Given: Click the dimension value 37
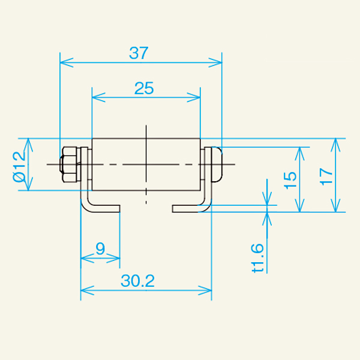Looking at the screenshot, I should [139, 53].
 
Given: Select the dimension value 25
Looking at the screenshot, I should [144, 89].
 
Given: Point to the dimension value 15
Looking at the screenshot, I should [290, 177].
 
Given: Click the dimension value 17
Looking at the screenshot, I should [326, 175].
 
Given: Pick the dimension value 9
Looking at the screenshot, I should [100, 248].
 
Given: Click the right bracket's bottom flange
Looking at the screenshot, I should [189, 208].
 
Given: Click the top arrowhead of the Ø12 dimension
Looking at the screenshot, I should [28, 143].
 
